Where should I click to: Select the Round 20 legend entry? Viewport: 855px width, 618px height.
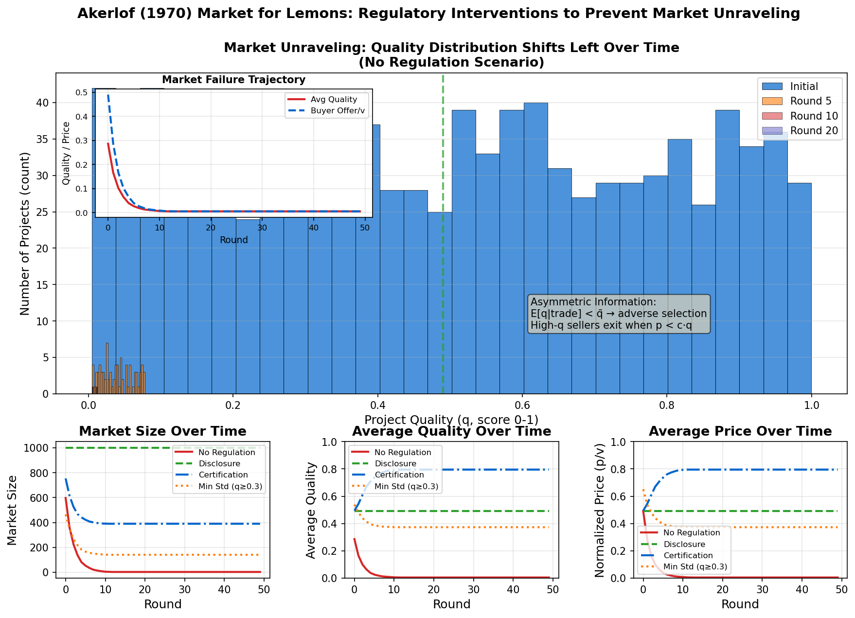click(814, 131)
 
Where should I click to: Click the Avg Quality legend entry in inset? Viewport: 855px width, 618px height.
click(334, 100)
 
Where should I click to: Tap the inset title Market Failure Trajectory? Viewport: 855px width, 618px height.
click(233, 80)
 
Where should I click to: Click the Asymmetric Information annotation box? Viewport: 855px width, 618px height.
click(619, 314)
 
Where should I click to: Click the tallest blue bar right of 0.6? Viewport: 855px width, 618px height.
click(535, 243)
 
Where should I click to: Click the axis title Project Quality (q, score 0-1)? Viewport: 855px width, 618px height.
click(451, 420)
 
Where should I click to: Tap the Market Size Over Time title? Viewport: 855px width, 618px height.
click(162, 431)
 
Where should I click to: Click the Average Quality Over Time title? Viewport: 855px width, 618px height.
click(451, 431)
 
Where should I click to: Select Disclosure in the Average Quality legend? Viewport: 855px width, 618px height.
click(395, 464)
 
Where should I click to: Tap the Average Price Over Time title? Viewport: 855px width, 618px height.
click(740, 431)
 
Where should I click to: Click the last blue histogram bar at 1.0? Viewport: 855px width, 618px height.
click(799, 292)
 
